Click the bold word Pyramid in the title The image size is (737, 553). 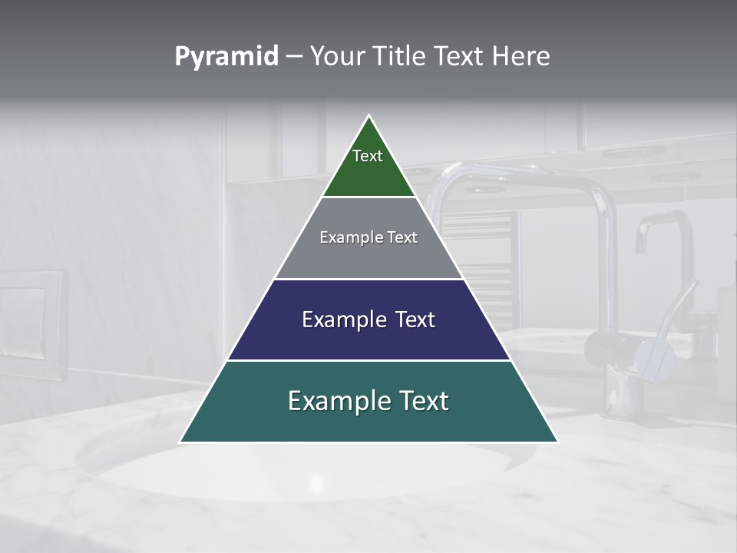pyautogui.click(x=226, y=57)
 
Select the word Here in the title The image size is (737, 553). pyautogui.click(x=521, y=57)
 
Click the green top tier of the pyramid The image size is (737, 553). pyautogui.click(x=368, y=173)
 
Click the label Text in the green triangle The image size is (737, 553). pyautogui.click(x=368, y=156)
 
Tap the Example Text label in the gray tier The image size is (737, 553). pyautogui.click(x=368, y=237)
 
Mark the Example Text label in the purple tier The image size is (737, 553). pyautogui.click(x=368, y=320)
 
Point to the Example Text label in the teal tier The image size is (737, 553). pyautogui.click(x=368, y=401)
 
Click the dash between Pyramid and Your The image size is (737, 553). pyautogui.click(x=294, y=57)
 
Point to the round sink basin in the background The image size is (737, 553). pyautogui.click(x=307, y=469)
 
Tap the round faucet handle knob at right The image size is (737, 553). pyautogui.click(x=653, y=356)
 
